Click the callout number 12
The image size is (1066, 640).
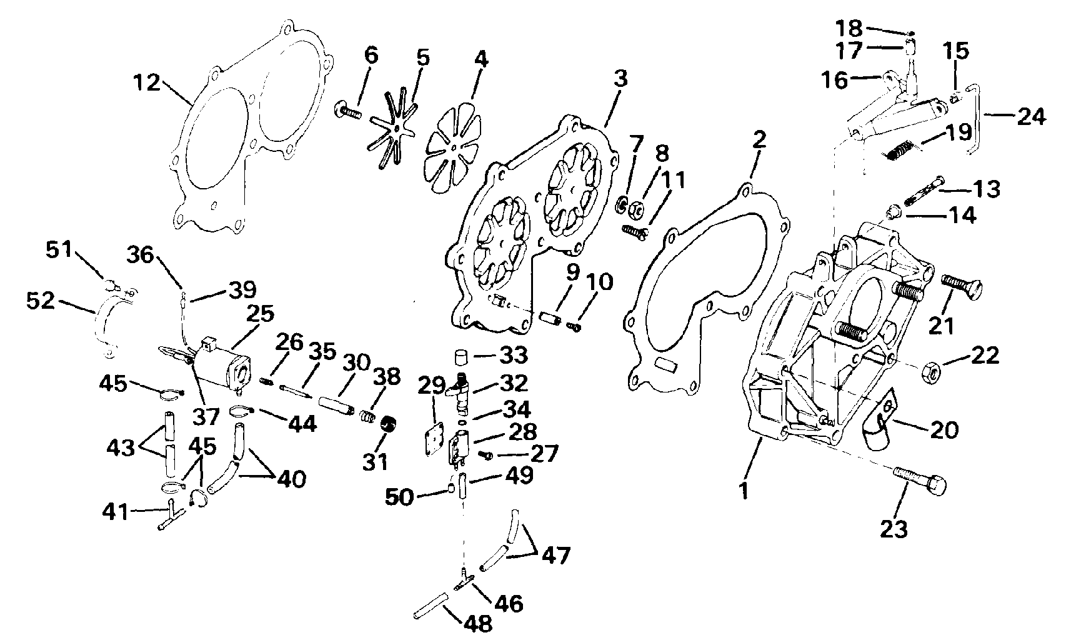point(147,82)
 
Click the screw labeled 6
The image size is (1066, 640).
point(349,111)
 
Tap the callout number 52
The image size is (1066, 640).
point(41,301)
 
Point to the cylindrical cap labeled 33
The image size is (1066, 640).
point(460,356)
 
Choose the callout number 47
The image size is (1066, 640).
point(556,555)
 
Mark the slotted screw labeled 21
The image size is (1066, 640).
point(962,287)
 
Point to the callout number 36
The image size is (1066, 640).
point(140,255)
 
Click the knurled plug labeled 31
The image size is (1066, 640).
point(389,423)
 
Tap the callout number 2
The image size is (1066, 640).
point(760,139)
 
